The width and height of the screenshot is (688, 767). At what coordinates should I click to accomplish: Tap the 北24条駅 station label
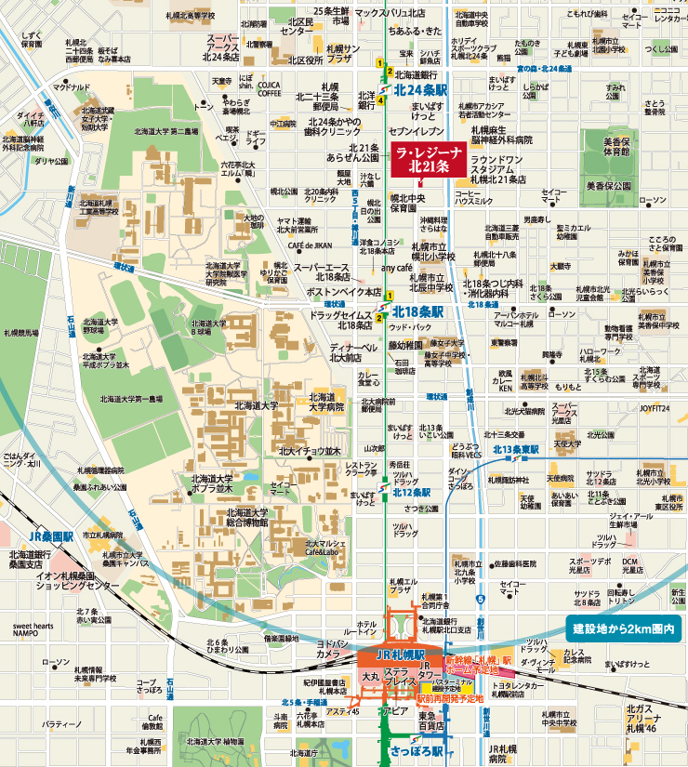pyautogui.click(x=421, y=90)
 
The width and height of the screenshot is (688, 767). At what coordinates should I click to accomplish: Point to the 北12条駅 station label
pyautogui.click(x=412, y=492)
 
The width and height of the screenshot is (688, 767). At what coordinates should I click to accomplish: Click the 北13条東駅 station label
pyautogui.click(x=516, y=449)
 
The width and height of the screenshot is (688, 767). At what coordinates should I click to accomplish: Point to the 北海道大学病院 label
pyautogui.click(x=326, y=402)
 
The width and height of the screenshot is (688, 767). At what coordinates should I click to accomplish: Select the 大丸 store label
pyautogui.click(x=370, y=676)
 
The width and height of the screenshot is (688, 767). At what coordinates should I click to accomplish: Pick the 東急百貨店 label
pyautogui.click(x=428, y=721)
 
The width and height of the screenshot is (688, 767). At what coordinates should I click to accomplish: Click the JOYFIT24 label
pyautogui.click(x=655, y=407)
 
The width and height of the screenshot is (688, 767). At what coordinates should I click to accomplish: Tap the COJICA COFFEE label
pyautogui.click(x=270, y=88)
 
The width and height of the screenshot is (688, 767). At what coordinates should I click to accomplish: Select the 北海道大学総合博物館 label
pyautogui.click(x=245, y=517)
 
